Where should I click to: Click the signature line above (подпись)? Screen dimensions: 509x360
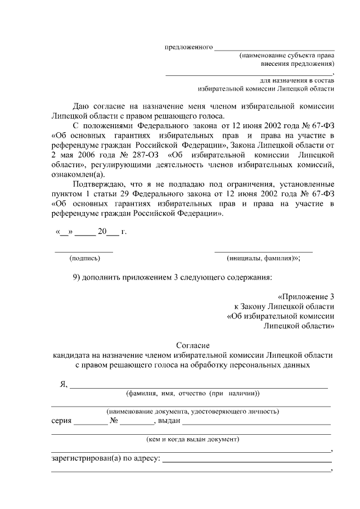[x=83, y=250]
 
